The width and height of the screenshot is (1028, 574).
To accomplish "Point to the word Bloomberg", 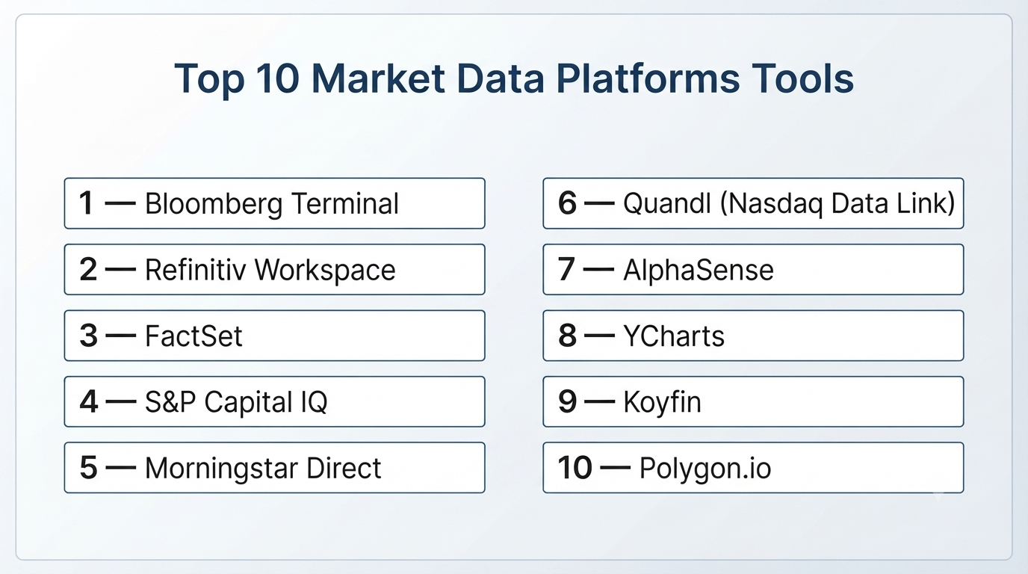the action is point(214,204).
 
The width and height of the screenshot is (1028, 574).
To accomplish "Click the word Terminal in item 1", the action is point(345,203).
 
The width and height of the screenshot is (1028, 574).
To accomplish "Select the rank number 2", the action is point(88,269).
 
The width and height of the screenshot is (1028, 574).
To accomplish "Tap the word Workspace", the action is point(325,271).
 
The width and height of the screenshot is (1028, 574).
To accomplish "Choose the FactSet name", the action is point(193,336).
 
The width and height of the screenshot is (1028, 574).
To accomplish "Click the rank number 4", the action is point(89,401).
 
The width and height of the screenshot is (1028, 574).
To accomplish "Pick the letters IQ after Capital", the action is point(315,402).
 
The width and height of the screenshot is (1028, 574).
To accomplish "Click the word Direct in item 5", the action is point(344,468).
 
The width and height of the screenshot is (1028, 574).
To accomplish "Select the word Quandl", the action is point(667,203).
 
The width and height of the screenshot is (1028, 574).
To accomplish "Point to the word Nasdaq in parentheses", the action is point(775,204).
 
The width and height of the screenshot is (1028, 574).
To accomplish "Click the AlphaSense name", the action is point(699,270).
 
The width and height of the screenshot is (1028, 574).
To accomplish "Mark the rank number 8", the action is point(567,336).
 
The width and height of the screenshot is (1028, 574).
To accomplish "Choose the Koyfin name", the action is point(662,403).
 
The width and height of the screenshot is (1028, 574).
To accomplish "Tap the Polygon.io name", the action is point(705,469).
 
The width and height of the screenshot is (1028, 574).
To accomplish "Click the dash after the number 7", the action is point(598,270).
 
